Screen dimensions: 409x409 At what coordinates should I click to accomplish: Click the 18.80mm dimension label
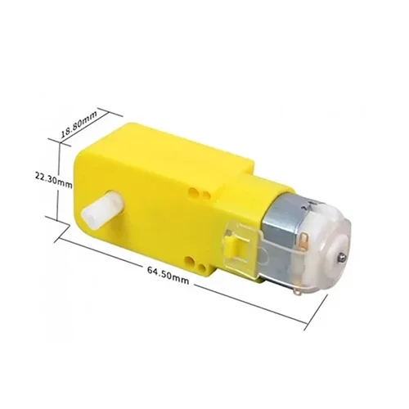tap(79, 125)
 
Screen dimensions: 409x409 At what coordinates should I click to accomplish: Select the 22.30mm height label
tap(54, 181)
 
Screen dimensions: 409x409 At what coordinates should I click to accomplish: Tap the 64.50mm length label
tap(168, 275)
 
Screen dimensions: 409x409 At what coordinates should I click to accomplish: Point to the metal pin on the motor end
tap(340, 256)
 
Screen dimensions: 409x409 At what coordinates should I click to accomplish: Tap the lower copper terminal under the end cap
tap(299, 293)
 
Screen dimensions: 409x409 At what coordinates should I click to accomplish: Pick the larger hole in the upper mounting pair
tap(194, 191)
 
